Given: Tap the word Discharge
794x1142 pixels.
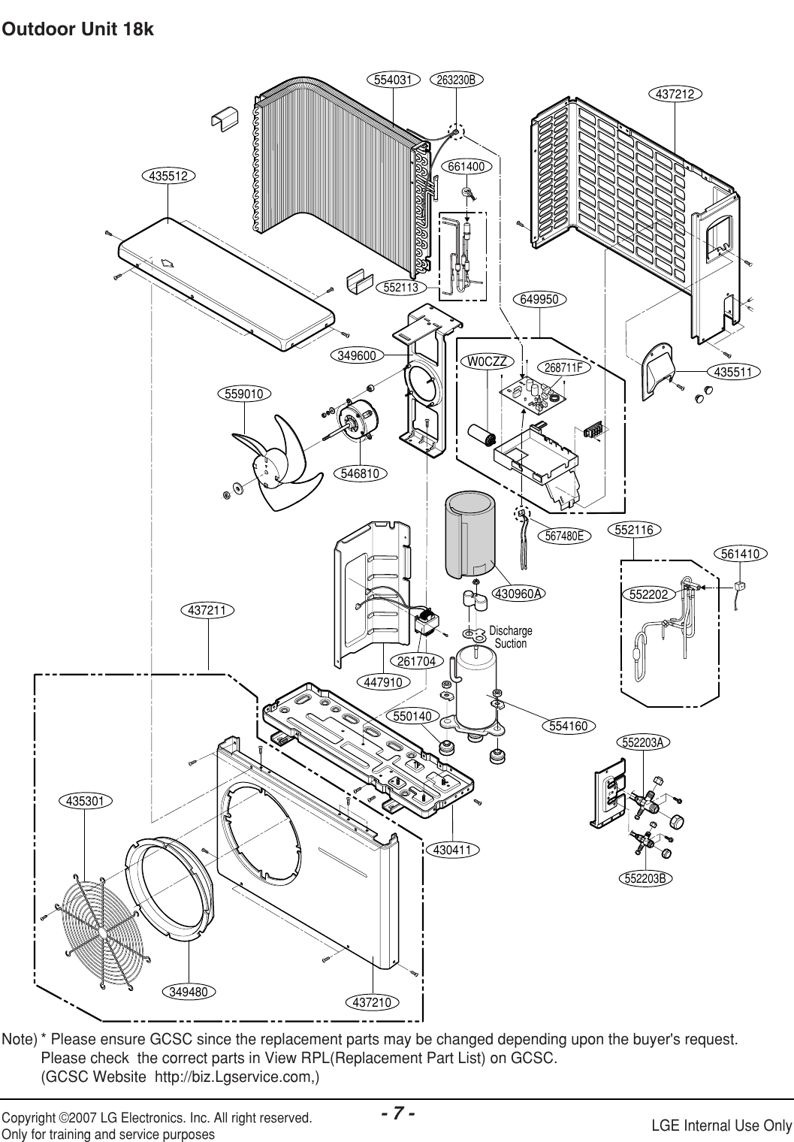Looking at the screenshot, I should pos(510,630).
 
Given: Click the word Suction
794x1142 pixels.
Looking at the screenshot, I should pos(511,644).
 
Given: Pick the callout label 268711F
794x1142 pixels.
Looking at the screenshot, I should pos(566,368).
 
